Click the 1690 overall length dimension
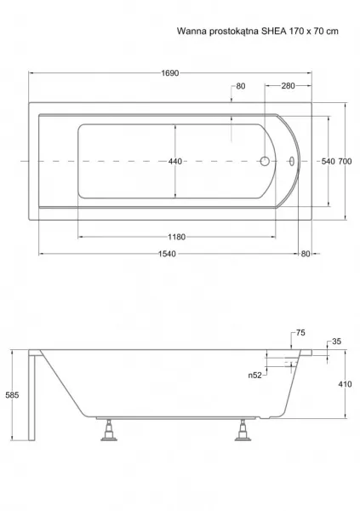coord(170,73)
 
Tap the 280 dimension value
coord(288,86)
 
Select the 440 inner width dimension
coord(175,161)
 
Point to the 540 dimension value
coord(328,161)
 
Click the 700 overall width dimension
coord(345,161)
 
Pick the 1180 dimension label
coord(176,237)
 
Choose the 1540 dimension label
coord(167,254)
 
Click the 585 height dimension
coord(13,395)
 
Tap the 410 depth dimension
coord(345,384)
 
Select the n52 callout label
coord(254,376)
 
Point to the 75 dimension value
coord(300,333)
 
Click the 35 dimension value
coord(336,342)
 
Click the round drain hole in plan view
coord(265,161)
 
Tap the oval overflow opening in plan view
coord(292,161)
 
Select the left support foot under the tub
coord(109,430)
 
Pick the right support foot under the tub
coord(243,430)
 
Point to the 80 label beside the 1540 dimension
coord(306,254)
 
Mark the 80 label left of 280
coord(241,86)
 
